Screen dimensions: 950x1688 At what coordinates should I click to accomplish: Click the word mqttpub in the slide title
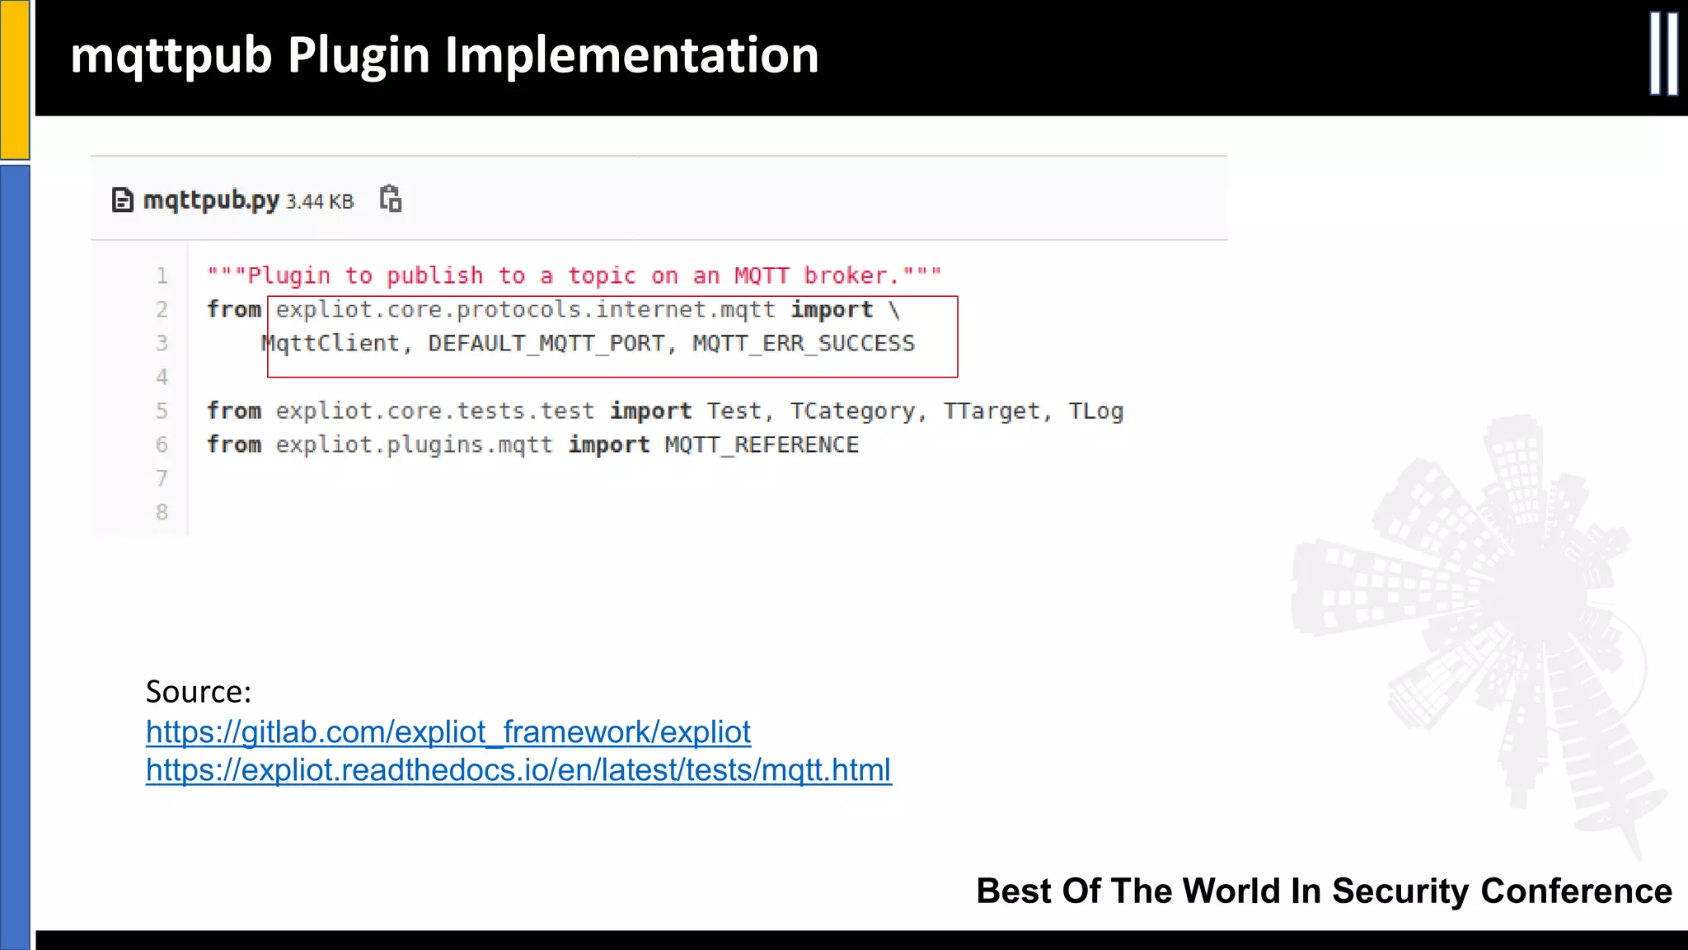point(171,56)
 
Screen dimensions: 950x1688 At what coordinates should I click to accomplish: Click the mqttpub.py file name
point(211,200)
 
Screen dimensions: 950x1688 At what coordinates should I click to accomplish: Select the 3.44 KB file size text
point(320,202)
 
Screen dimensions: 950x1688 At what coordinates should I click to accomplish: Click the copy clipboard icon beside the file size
point(391,200)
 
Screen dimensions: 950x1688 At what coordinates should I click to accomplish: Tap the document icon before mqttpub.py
point(122,200)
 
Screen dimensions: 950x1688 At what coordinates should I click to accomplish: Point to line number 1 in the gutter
point(162,276)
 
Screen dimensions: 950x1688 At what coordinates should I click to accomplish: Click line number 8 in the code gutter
point(162,512)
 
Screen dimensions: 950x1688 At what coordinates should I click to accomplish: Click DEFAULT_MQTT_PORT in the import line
point(546,343)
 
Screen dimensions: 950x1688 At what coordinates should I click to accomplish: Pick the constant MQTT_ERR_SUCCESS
point(804,343)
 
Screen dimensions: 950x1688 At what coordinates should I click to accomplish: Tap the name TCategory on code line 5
point(852,411)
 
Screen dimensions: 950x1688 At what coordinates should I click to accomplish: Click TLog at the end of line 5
point(1095,411)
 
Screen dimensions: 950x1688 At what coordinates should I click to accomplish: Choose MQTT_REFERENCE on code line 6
point(762,445)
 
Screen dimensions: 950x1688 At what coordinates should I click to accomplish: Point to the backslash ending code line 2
point(894,310)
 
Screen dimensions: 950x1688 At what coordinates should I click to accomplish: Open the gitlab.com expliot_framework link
point(448,732)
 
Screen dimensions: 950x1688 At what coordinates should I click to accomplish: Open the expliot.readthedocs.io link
point(518,770)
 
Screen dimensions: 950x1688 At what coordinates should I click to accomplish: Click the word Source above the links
point(197,692)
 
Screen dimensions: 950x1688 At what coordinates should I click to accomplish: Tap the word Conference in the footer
point(1576,891)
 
